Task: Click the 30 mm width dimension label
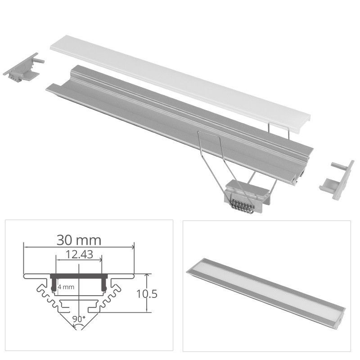[x=79, y=239]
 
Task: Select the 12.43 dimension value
[x=79, y=254]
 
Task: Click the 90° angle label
[x=79, y=319]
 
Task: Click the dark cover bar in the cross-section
[x=79, y=275]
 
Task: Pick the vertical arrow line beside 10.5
[x=147, y=292]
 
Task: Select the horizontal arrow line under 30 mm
[x=79, y=247]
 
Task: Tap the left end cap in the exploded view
[x=22, y=67]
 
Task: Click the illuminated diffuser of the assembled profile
[x=265, y=288]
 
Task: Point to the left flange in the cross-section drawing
[x=36, y=275]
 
